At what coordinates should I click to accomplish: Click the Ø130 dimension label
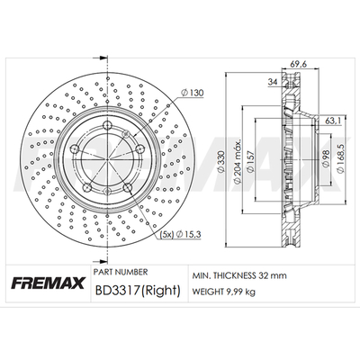click(193, 93)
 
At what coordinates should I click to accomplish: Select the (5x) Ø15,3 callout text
click(180, 234)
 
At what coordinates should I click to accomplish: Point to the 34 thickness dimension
click(273, 82)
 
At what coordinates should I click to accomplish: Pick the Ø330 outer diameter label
click(220, 162)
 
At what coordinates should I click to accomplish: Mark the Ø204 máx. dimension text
click(237, 161)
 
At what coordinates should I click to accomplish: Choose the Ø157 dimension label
click(249, 161)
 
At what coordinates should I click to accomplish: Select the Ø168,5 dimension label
click(340, 158)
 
